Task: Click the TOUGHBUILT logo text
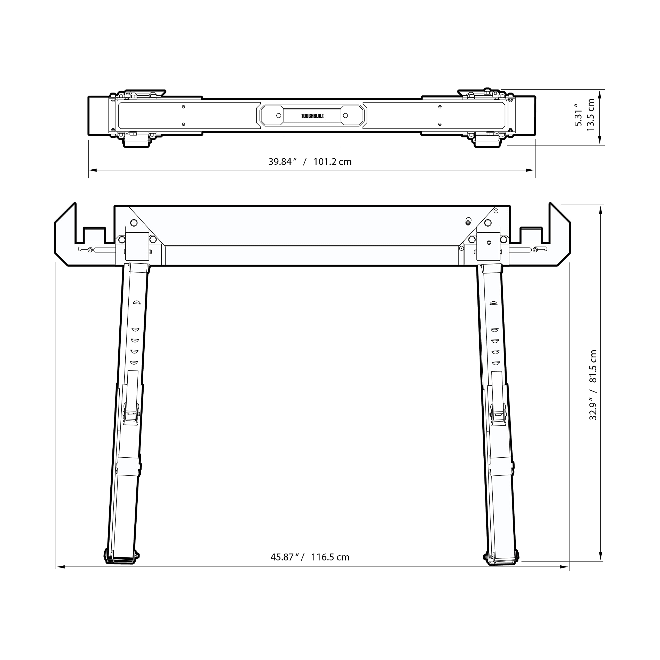point(312,116)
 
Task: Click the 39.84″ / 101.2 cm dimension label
point(310,162)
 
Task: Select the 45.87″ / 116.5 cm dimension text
point(310,557)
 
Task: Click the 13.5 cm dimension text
point(590,115)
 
